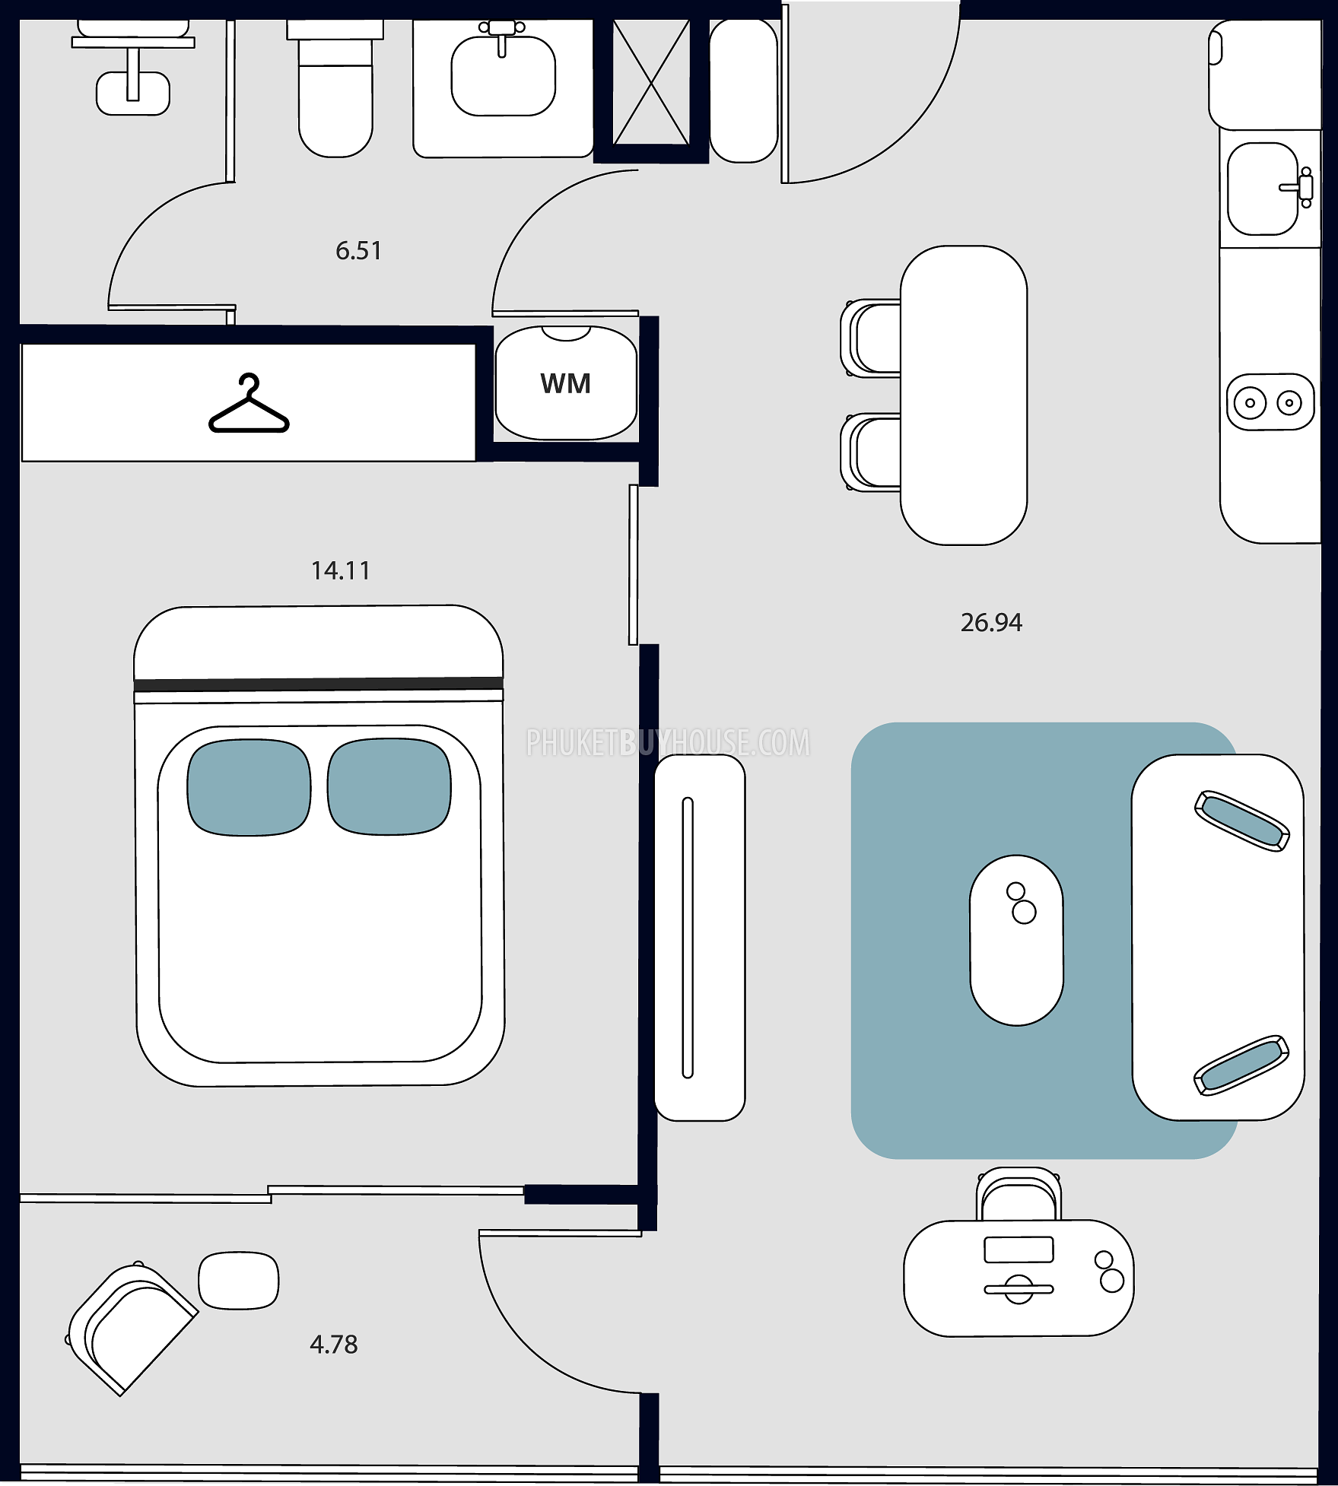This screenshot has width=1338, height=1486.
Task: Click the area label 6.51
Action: tap(358, 250)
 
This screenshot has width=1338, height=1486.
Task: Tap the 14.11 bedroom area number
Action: tap(341, 570)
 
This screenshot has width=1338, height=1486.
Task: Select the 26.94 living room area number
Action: tap(991, 622)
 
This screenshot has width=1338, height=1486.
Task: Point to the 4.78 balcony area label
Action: tap(333, 1344)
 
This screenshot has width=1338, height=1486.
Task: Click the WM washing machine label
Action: tap(565, 383)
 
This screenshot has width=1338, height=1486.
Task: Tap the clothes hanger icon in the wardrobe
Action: tap(249, 402)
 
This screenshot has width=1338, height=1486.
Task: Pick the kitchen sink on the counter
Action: tap(1263, 189)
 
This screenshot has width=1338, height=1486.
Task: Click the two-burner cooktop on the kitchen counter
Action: tap(1270, 402)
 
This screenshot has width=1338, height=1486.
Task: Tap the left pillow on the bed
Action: tap(249, 787)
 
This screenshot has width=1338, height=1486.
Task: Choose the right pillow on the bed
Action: tap(389, 787)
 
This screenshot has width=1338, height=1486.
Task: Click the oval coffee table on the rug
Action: tap(1016, 940)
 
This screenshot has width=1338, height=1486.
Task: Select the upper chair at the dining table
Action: tap(872, 338)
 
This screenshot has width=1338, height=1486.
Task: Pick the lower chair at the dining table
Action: tap(872, 452)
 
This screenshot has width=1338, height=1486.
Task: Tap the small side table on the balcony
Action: tap(239, 1281)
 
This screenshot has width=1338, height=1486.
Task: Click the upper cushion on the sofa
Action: tap(1241, 821)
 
